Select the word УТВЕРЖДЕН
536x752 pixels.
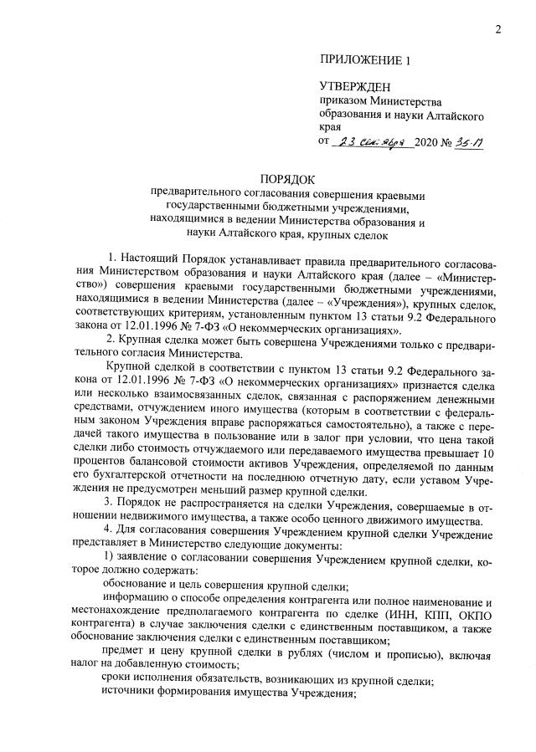355,87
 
